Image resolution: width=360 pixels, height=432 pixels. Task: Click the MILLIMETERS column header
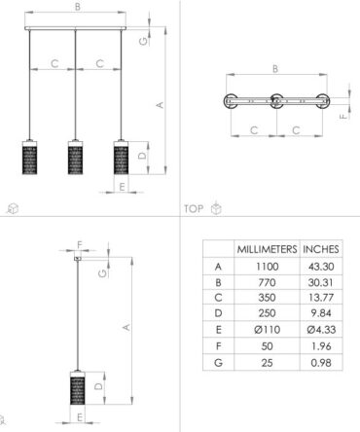267,249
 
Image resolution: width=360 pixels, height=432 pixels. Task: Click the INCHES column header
321,249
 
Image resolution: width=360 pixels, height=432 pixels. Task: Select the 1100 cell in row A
267,267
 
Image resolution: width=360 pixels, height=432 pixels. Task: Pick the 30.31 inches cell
320,282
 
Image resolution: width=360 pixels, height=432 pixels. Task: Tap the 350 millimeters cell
267,298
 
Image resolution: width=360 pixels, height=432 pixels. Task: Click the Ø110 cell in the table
267,330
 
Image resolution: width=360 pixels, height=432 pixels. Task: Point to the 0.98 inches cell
321,362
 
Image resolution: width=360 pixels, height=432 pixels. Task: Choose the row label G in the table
218,362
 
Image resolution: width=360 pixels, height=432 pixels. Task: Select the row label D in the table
218,313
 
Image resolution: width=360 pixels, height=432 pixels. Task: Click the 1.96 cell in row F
321,346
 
